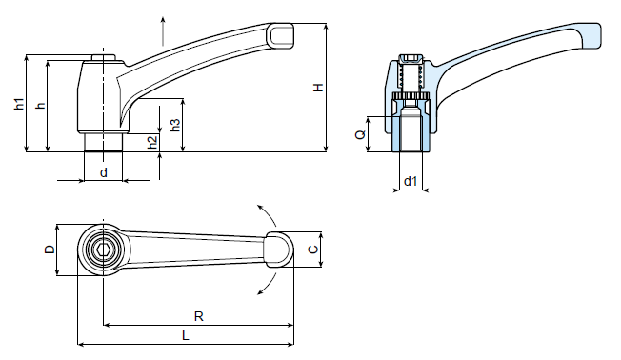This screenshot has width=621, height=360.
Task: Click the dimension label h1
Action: [x=19, y=104]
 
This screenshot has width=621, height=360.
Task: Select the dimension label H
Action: [x=318, y=88]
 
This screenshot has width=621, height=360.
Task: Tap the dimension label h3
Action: [x=174, y=125]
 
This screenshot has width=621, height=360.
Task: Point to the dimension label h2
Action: [x=152, y=143]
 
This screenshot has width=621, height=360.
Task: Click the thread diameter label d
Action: [x=104, y=172]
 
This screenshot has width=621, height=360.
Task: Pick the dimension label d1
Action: [x=411, y=181]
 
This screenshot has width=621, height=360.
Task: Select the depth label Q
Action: [x=360, y=134]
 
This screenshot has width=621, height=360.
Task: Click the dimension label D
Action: [x=50, y=250]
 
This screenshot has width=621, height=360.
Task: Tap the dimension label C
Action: [x=312, y=250]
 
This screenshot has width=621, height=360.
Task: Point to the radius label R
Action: [x=199, y=316]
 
